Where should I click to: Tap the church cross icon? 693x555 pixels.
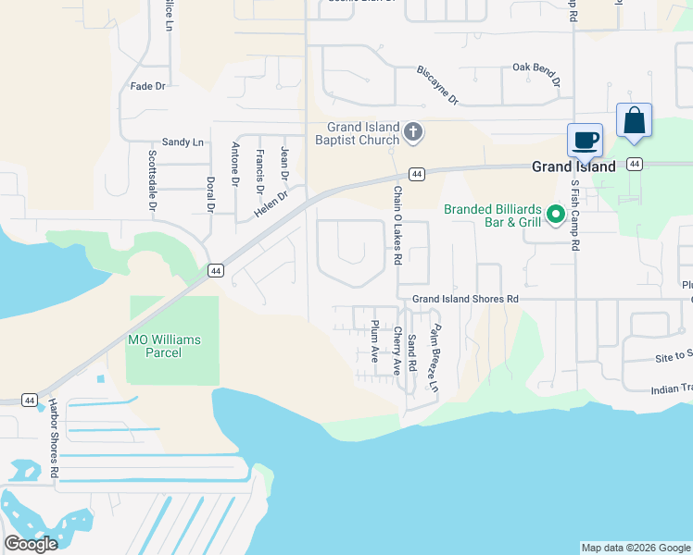413,133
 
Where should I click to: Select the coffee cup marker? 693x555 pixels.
585,141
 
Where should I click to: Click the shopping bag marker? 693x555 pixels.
634,121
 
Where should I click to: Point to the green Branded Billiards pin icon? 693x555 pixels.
556,216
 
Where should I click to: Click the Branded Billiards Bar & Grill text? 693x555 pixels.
491,216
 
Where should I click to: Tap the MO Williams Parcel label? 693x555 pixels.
163,347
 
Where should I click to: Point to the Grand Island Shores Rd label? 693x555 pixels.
465,299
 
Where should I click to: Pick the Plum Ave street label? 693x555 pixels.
374,341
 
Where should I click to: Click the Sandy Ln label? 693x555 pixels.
183,142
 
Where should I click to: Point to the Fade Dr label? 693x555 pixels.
148,86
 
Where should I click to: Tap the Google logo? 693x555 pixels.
31,544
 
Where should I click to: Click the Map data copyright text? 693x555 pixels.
635,548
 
